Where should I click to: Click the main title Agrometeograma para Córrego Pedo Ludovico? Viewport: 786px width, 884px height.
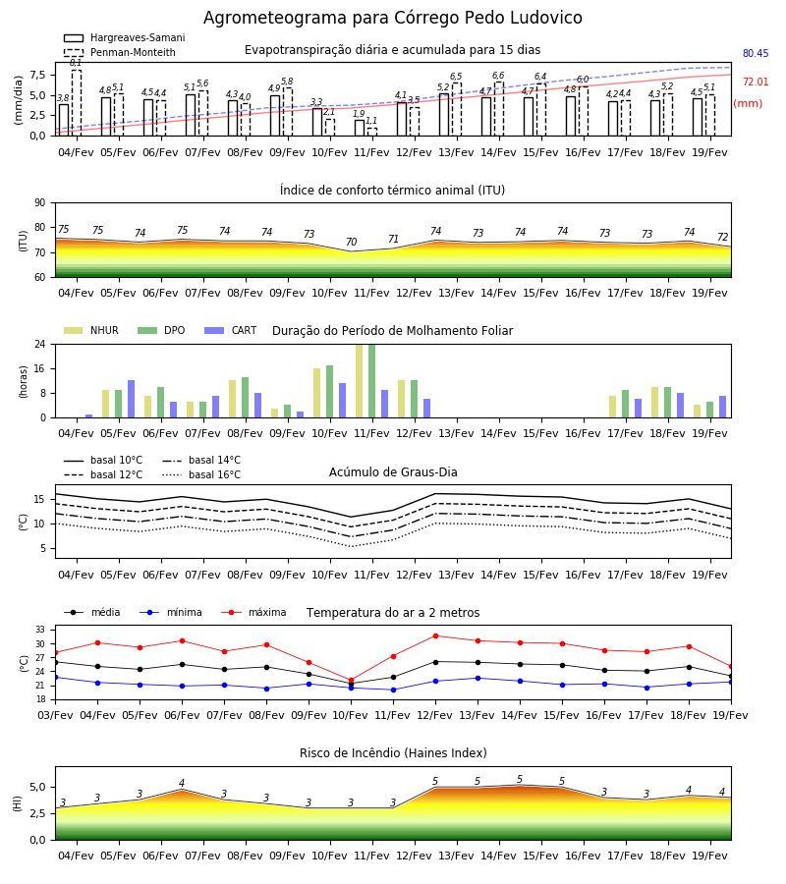392,18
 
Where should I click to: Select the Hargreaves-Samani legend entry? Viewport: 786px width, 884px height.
125,37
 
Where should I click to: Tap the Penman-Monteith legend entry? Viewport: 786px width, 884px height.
120,52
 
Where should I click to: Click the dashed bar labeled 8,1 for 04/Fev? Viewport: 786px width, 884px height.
76,102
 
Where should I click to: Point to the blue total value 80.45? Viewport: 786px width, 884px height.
756,54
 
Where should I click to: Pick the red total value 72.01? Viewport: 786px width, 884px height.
756,82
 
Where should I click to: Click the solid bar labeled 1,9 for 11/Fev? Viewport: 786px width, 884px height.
360,128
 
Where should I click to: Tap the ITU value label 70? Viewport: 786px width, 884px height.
352,242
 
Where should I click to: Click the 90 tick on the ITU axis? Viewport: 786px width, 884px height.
40,203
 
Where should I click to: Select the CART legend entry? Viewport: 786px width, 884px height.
230,330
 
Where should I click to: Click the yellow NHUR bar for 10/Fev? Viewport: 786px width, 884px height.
317,393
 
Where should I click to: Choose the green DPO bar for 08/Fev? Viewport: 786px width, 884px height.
246,398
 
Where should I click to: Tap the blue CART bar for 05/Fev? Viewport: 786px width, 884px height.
132,399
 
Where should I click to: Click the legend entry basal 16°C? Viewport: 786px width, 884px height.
201,474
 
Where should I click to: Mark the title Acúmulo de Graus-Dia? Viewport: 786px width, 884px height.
393,471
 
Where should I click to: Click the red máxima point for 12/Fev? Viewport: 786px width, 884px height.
435,635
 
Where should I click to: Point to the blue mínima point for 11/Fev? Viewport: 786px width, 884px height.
393,690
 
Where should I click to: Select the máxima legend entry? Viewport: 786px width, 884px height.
253,612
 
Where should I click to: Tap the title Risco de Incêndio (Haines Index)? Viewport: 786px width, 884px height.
393,752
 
